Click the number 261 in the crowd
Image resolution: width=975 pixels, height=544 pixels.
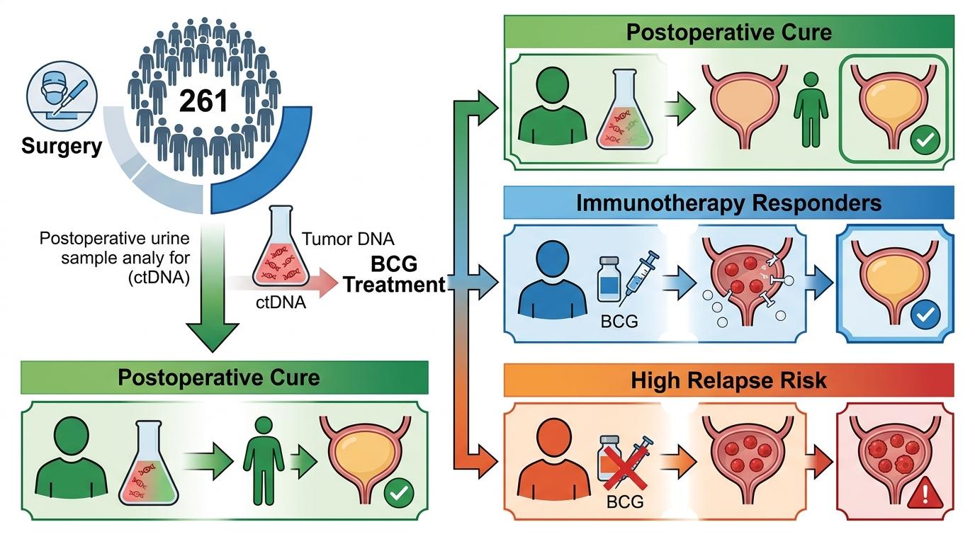[x=203, y=101]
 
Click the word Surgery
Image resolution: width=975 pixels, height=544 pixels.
[x=62, y=147]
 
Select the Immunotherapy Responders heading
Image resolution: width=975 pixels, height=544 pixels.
[x=729, y=203]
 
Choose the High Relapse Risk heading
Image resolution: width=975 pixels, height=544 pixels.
[x=729, y=380]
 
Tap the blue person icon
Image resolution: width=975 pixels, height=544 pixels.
[x=553, y=280]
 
